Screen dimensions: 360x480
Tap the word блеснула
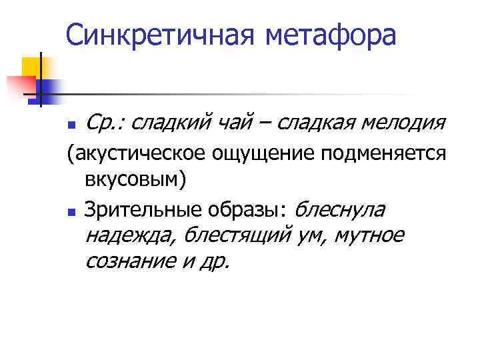click(339, 211)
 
